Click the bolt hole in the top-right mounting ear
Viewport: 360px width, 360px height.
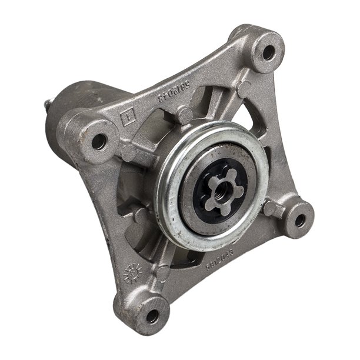pyautogui.click(x=268, y=52)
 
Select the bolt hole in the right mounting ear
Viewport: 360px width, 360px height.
pyautogui.click(x=300, y=221)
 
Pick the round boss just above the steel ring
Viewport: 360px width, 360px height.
pyautogui.click(x=186, y=116)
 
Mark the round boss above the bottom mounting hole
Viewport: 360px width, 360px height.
pyautogui.click(x=163, y=272)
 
